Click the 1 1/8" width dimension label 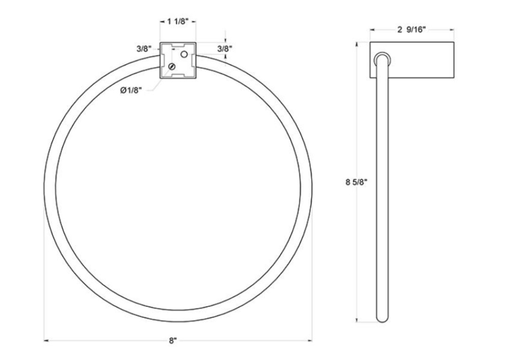click(177, 22)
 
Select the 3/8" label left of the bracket click(144, 49)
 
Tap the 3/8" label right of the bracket click(225, 49)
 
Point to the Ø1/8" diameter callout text click(131, 91)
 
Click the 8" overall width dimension click(173, 341)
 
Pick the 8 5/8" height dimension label click(356, 182)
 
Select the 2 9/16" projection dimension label click(411, 30)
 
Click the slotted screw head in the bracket click(172, 67)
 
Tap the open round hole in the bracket click(184, 54)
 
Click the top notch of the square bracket click(178, 45)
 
